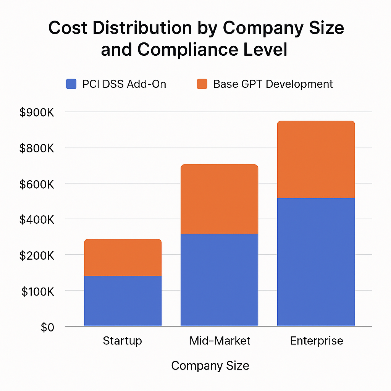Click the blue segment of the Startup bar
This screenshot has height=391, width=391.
coord(123,301)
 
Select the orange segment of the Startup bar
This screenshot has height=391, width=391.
coord(123,257)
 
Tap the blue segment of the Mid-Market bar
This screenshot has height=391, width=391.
coord(219,280)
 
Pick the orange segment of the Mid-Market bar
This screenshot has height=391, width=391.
coord(219,199)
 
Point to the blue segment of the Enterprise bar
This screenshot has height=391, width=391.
coord(316,262)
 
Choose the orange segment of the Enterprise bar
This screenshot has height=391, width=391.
coord(316,160)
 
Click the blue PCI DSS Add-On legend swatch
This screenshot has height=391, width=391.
coord(71,84)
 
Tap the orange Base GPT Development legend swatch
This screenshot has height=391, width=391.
coord(202,84)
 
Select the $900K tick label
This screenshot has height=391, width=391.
coord(37,112)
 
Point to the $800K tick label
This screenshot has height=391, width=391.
coord(37,148)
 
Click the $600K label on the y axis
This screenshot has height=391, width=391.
coord(37,184)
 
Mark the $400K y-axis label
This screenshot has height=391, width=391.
coord(37,220)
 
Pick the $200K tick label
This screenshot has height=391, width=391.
coord(37,255)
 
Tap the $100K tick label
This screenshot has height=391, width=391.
coord(37,292)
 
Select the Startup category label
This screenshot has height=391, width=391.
coord(122,341)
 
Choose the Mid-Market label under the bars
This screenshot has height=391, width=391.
coord(220,341)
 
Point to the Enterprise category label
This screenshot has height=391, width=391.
coord(317,341)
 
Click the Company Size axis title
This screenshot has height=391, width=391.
coord(210,366)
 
